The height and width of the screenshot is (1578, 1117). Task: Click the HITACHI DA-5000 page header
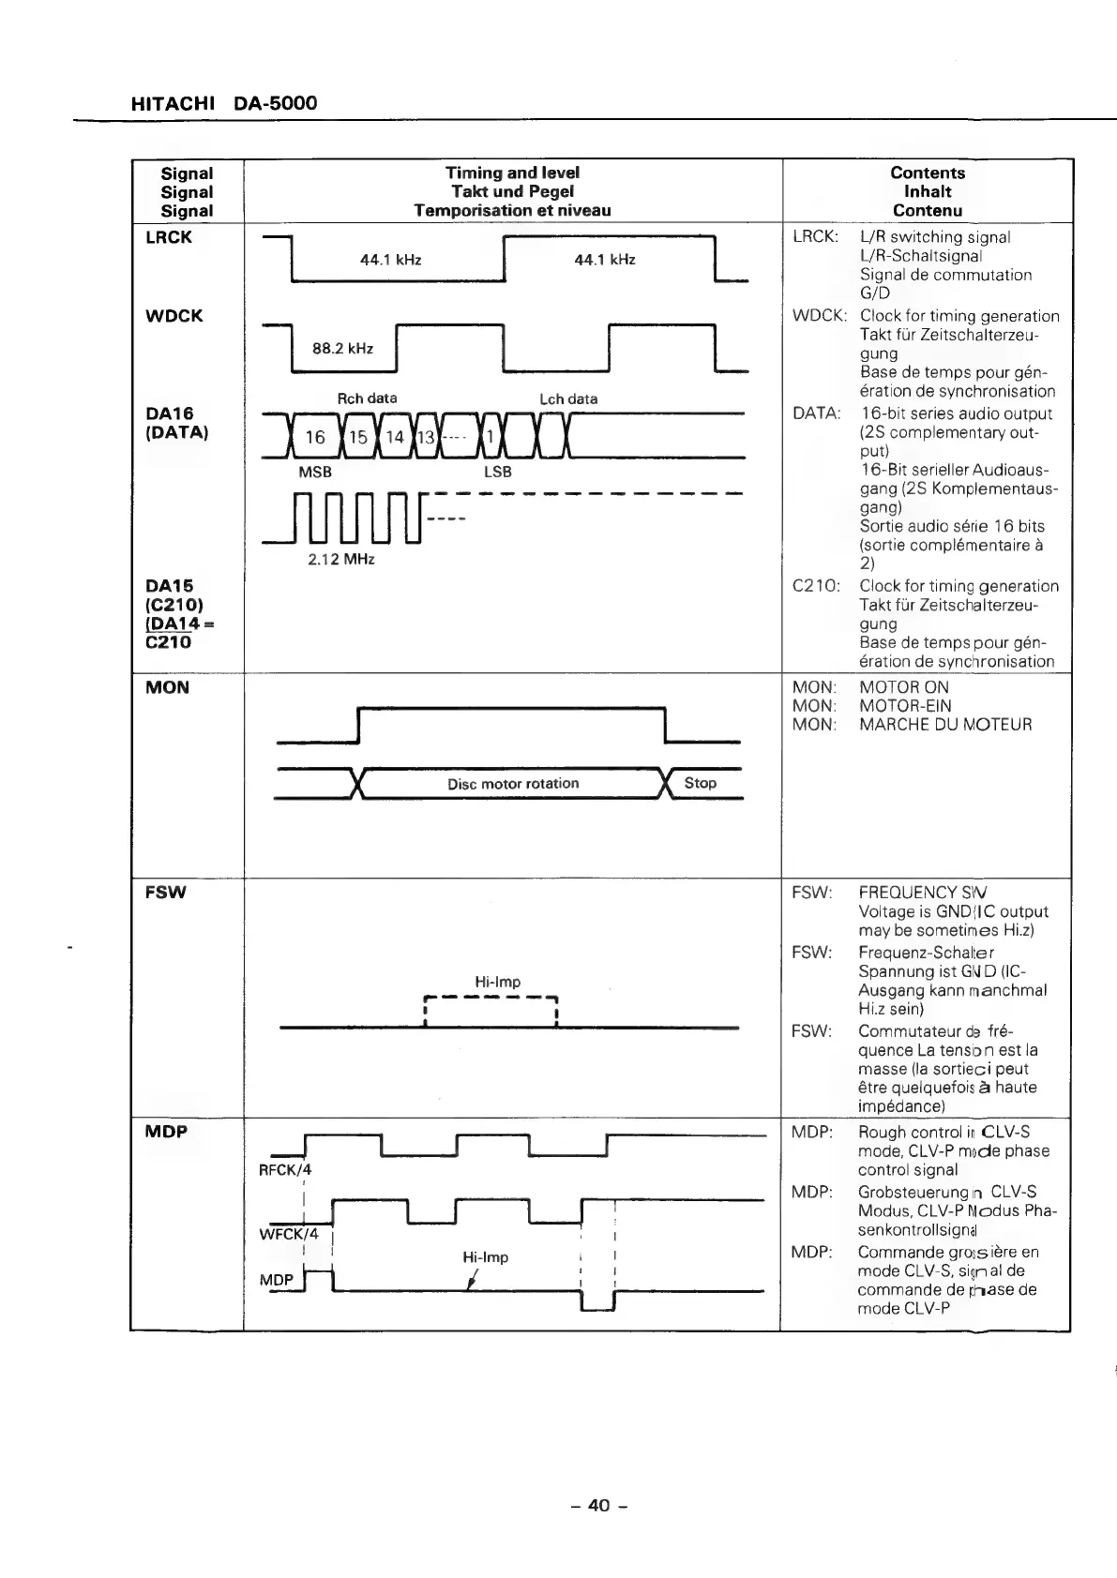(224, 103)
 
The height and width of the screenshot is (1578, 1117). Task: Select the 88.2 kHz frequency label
(342, 349)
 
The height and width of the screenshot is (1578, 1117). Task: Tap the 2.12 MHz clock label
(341, 560)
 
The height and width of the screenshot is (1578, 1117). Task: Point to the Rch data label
(367, 398)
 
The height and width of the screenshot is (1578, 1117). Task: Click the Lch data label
(568, 398)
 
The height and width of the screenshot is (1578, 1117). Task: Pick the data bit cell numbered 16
(315, 438)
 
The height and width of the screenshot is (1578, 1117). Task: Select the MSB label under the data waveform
(315, 472)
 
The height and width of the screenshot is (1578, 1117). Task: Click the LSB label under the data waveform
(497, 472)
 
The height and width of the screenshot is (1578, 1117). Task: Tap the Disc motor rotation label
(513, 784)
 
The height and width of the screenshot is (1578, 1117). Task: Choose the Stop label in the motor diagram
(700, 783)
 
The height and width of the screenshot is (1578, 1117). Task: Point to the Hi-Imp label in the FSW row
(497, 982)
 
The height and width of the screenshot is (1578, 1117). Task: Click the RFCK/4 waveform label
(285, 1170)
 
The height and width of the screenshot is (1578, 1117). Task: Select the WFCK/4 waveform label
(289, 1234)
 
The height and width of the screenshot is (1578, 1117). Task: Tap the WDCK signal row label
(174, 316)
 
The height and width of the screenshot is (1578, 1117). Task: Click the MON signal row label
(167, 687)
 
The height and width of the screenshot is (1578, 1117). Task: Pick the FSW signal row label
(166, 892)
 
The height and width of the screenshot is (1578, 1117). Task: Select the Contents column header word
(928, 173)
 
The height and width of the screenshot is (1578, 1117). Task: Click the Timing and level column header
(512, 173)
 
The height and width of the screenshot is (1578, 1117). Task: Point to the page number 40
(598, 1505)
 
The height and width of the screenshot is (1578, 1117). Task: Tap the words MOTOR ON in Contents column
(904, 687)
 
